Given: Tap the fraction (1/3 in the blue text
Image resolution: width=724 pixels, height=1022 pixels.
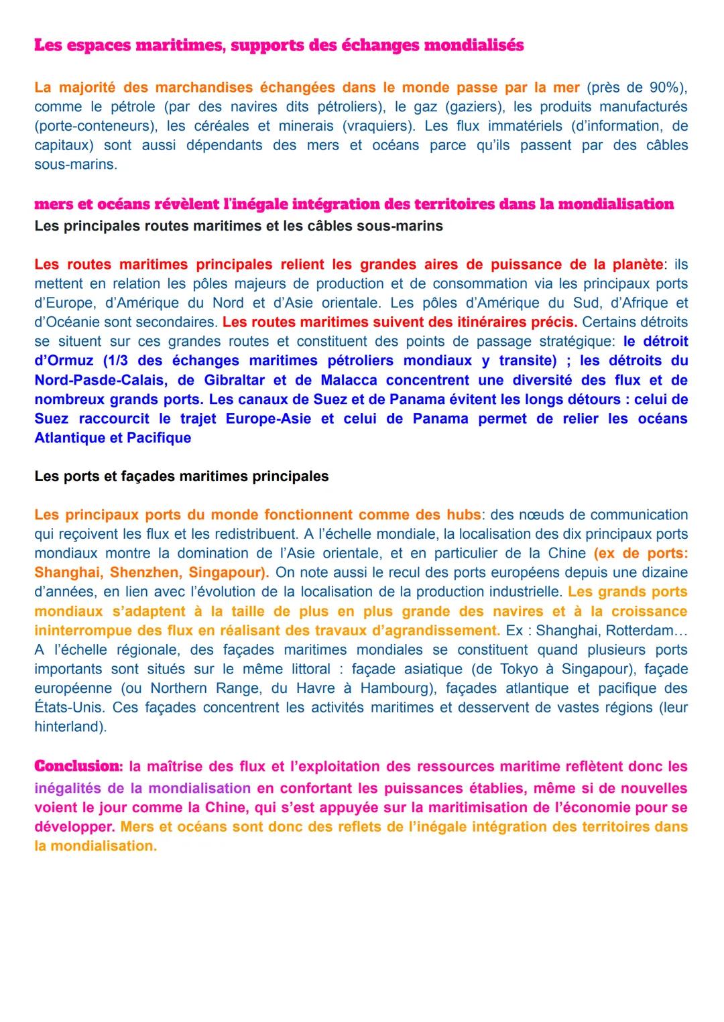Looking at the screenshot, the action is (118, 361).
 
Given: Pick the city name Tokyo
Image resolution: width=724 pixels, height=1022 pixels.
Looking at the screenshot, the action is (536, 669).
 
